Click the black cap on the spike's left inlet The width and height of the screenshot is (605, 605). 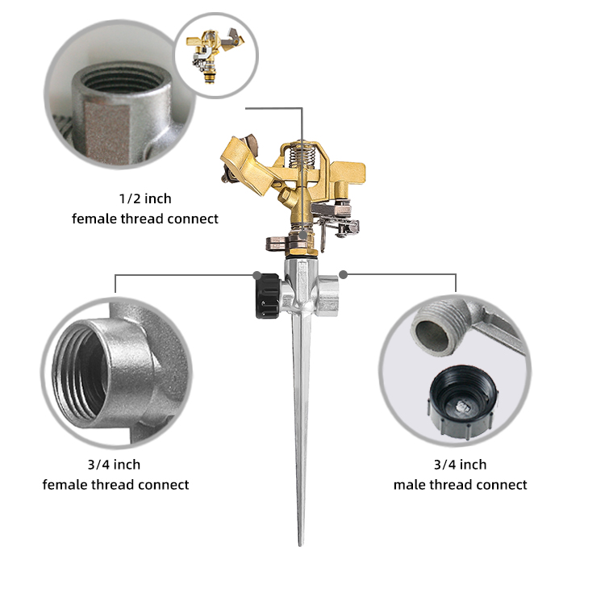coord(268,295)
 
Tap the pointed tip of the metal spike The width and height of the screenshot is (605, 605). coord(300,545)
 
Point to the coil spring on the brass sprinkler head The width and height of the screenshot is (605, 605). coord(302,155)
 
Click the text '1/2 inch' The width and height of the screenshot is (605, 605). coord(145,198)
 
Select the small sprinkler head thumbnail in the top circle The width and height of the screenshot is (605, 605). coord(215,54)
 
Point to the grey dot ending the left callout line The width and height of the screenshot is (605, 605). coord(257,275)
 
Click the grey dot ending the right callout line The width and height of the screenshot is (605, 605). coord(344,275)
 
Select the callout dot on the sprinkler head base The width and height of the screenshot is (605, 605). coord(303,235)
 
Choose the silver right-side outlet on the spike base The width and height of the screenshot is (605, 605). coord(328,295)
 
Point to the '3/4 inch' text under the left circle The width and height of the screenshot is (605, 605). coord(114,465)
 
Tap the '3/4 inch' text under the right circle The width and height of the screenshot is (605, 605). coord(460,465)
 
